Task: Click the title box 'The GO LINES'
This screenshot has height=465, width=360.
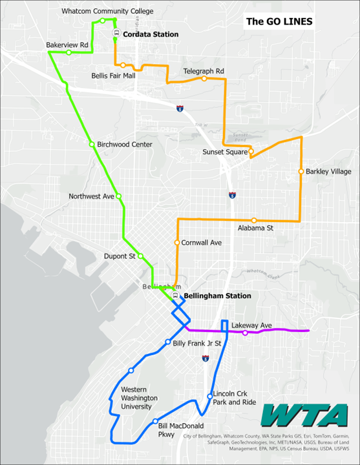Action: pos(279,21)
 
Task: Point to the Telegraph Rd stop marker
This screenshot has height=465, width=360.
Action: pos(204,79)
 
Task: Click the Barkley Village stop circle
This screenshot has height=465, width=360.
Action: pos(301,171)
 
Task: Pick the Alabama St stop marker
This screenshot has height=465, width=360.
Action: pos(254,220)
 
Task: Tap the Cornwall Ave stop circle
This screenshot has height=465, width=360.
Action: pos(176,243)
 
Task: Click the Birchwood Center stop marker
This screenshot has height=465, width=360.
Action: pos(92,144)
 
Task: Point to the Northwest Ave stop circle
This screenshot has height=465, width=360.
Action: pos(118,196)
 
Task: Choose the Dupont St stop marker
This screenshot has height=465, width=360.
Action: pos(140,255)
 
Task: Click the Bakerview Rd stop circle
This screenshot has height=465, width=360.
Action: pos(69,52)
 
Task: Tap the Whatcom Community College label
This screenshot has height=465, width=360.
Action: pos(107,12)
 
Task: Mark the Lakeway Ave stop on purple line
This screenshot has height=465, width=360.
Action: pos(245,333)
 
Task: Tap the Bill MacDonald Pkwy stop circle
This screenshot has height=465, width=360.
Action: pos(155,421)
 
